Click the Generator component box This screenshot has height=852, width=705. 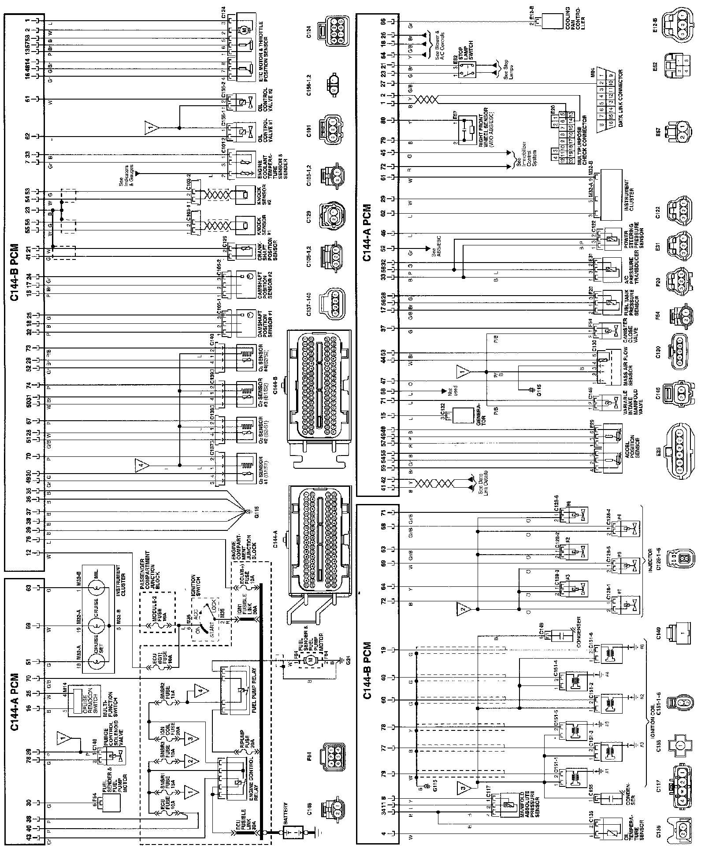464,415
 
